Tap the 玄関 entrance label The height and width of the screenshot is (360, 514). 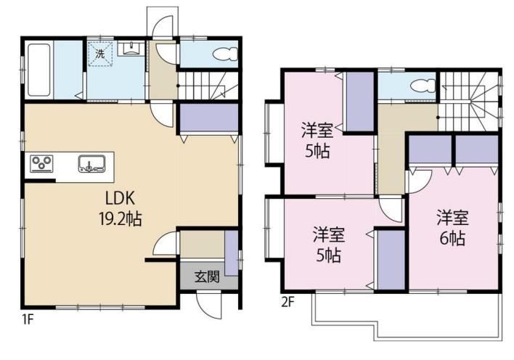tap(207, 277)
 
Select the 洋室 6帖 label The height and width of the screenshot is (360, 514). tap(452, 227)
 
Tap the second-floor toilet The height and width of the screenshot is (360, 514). tap(422, 86)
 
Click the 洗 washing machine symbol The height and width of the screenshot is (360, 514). tap(100, 54)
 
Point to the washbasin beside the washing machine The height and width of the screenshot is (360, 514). tap(131, 49)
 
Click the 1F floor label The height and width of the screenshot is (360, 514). tap(28, 319)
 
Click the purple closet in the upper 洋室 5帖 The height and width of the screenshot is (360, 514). tap(359, 101)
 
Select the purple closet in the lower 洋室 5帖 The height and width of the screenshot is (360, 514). tap(391, 260)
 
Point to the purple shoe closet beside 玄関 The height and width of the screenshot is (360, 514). tap(232, 253)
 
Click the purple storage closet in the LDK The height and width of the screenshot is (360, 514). tap(209, 118)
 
